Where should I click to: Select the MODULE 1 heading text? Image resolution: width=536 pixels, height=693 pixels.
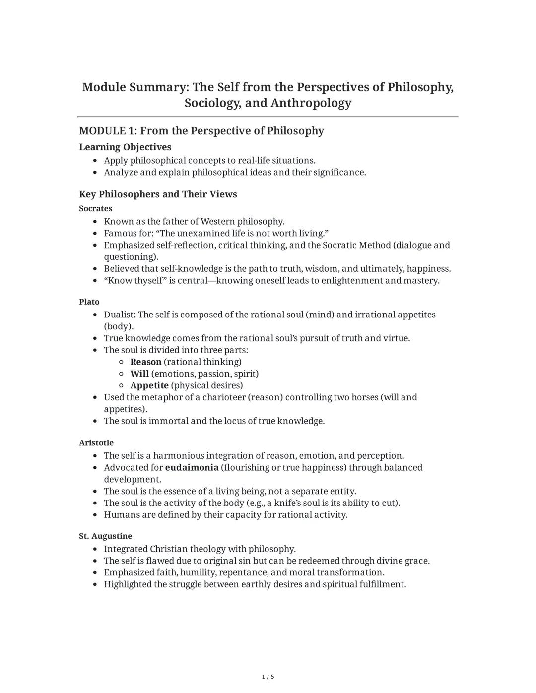(201, 131)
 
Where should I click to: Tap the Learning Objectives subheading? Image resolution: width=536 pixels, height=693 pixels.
(125, 147)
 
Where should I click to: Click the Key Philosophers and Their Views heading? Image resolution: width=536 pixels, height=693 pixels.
(158, 194)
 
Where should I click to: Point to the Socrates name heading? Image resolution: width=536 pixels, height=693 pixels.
(96, 208)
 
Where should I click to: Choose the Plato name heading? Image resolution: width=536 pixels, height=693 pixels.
(89, 302)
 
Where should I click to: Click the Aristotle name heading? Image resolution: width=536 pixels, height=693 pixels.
(96, 442)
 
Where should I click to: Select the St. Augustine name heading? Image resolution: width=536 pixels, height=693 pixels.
(105, 536)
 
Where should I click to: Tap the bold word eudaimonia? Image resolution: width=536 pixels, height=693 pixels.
(192, 467)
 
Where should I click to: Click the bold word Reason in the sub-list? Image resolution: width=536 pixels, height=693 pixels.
(145, 362)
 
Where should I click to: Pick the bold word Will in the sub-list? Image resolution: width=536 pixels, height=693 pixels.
(139, 374)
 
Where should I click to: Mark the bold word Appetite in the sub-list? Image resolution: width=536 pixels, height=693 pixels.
(149, 385)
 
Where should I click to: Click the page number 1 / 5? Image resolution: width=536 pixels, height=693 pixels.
(268, 677)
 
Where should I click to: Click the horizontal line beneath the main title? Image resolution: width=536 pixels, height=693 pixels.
(268, 117)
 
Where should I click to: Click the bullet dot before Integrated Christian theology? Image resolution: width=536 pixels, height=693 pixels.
(96, 549)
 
